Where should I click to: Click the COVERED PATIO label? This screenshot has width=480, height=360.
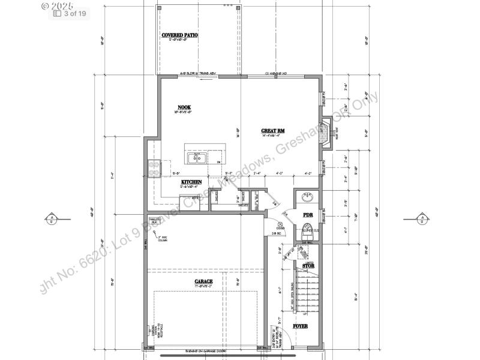(179, 35)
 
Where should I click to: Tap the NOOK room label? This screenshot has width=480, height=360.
(184, 107)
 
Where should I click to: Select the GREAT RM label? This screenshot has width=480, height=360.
(272, 130)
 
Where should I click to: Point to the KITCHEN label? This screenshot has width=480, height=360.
(191, 181)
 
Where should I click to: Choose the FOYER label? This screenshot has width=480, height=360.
(300, 326)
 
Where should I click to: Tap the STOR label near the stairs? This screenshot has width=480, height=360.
(308, 266)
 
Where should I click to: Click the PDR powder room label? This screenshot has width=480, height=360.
(308, 214)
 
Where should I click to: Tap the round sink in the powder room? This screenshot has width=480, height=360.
(307, 197)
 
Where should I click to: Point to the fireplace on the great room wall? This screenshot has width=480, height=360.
(325, 133)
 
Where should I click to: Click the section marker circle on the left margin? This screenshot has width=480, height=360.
(52, 218)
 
